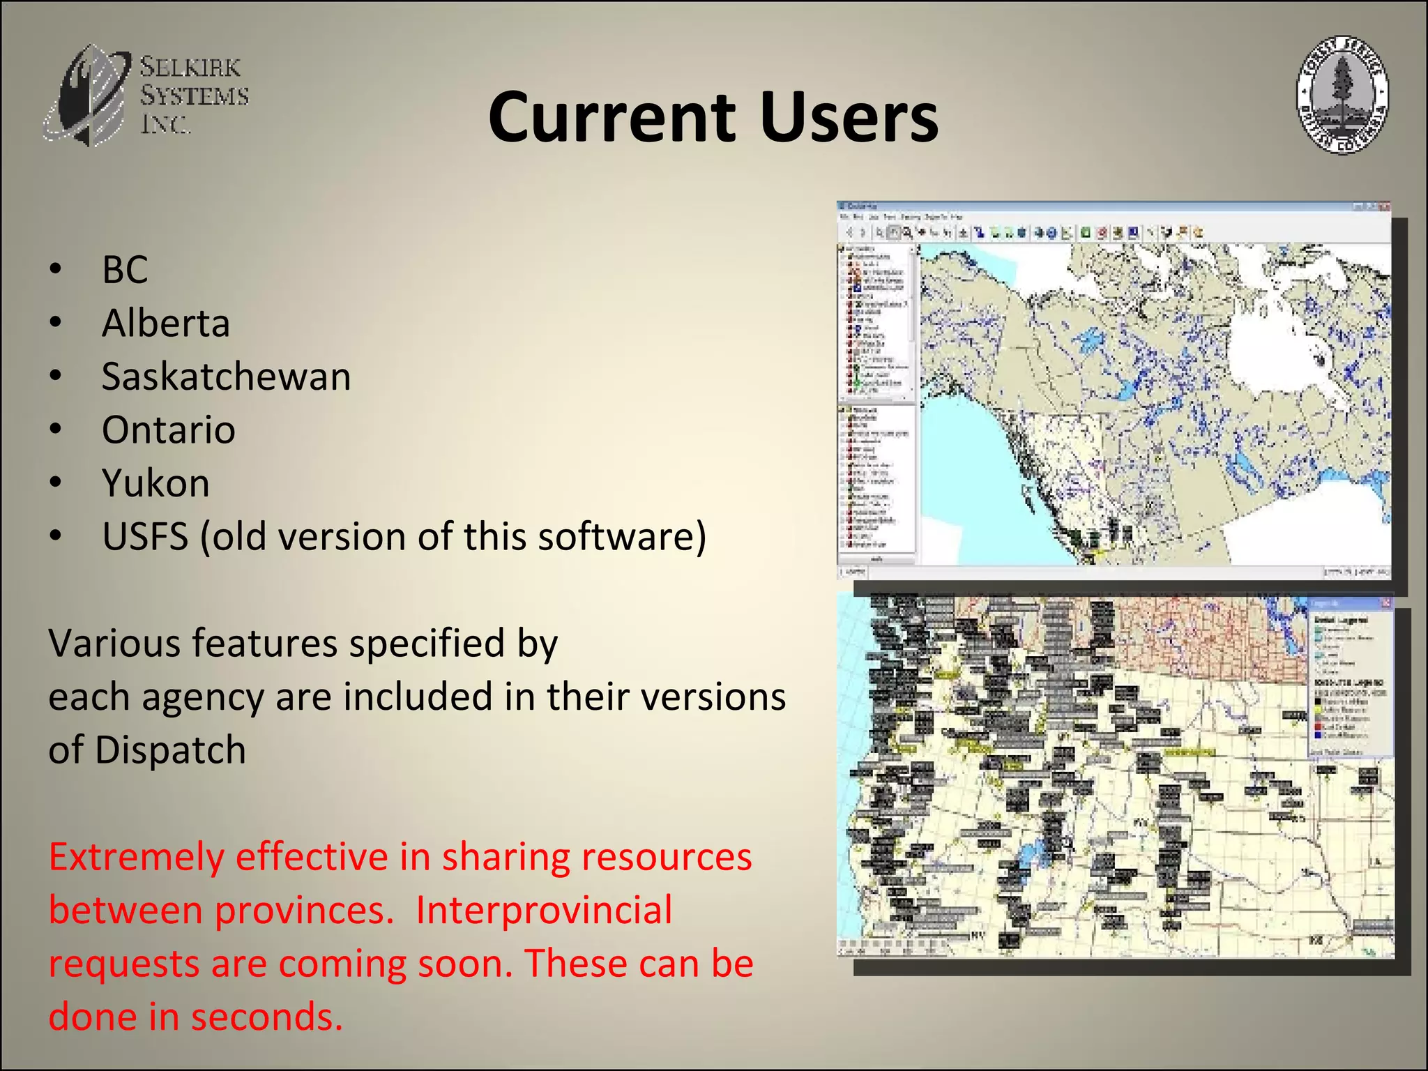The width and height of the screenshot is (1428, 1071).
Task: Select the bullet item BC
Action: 125,269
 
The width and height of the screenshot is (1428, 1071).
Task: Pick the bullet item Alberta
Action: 166,323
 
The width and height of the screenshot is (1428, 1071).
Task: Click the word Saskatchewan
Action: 226,377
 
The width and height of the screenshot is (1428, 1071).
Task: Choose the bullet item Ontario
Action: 168,430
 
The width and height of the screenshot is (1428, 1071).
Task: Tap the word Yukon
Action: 155,483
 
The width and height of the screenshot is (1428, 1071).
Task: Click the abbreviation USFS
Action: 145,536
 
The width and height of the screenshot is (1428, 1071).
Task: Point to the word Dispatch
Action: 170,750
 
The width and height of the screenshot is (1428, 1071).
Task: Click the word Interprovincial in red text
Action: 544,910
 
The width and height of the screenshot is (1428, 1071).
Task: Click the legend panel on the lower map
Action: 1349,676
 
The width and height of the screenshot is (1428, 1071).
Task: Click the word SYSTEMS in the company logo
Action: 194,96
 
